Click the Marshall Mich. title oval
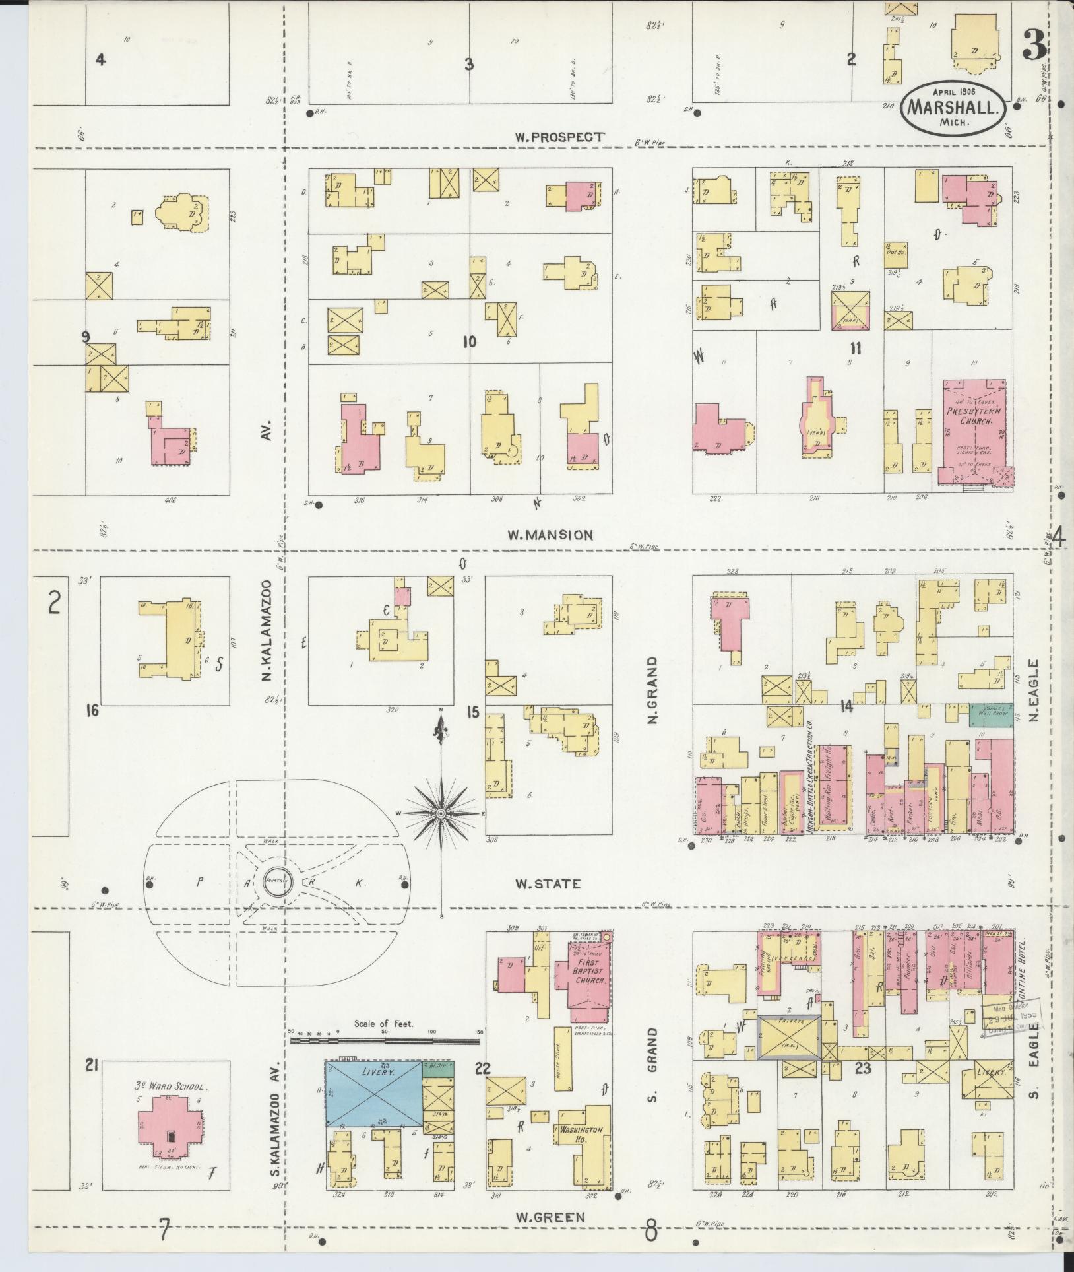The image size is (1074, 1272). [955, 106]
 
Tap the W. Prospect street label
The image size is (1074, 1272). [559, 137]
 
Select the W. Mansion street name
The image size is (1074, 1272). [550, 535]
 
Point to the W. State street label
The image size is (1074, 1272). [548, 883]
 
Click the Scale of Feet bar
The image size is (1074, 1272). [385, 1041]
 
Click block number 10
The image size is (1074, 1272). [469, 341]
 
